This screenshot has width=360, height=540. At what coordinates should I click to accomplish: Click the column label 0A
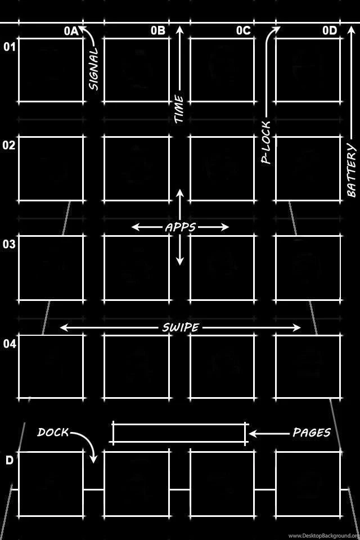point(70,31)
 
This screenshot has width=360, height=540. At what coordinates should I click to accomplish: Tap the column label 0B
point(157,31)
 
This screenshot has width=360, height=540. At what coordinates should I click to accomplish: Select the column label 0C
point(243,31)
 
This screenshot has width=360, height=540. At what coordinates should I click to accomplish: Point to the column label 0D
point(329,31)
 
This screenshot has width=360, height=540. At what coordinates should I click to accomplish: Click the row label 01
point(10,47)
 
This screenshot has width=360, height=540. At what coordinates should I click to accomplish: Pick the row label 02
point(10,145)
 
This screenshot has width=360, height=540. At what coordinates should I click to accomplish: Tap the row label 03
point(10,244)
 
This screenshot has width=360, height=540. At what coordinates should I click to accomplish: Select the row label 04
point(10,344)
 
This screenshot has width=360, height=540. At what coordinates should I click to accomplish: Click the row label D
point(10,461)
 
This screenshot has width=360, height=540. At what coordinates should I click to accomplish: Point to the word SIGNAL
point(93,69)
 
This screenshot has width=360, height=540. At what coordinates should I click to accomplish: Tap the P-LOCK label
point(266,142)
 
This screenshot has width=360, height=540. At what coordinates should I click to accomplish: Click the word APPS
point(180,227)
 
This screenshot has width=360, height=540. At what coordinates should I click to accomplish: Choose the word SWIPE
point(180,327)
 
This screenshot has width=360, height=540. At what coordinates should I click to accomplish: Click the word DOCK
point(53,432)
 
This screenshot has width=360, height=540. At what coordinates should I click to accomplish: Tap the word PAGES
point(311,433)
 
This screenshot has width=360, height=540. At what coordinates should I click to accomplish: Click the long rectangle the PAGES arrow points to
point(179,433)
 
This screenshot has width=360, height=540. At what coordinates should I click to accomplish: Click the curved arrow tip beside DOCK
point(93,460)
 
